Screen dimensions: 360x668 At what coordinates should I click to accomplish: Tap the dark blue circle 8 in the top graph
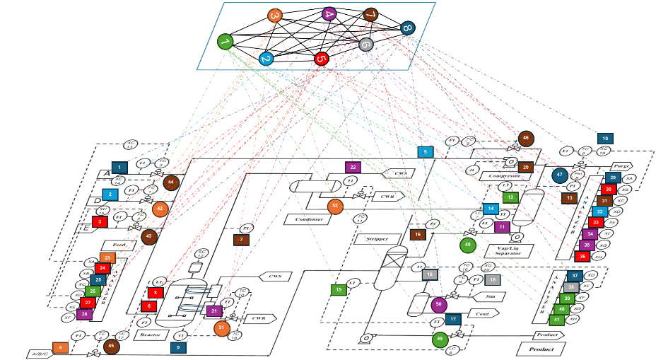[x=407, y=28]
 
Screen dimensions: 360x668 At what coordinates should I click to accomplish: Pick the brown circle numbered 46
[x=527, y=139]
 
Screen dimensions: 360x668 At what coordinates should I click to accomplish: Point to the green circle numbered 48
[x=467, y=245]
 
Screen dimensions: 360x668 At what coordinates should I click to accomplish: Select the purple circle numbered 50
[x=440, y=305]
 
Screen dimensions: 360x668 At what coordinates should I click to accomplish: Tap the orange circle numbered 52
[x=335, y=206]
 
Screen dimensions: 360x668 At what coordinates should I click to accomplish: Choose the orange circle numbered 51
[x=221, y=327]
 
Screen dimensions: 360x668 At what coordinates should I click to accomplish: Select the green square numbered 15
[x=339, y=289]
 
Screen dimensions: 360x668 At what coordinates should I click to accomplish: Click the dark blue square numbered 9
[x=178, y=347]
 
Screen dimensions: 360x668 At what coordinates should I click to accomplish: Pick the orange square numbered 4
[x=60, y=347]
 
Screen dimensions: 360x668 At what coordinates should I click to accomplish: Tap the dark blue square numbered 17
[x=452, y=319]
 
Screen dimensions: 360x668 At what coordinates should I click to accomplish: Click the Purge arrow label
[x=621, y=166]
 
